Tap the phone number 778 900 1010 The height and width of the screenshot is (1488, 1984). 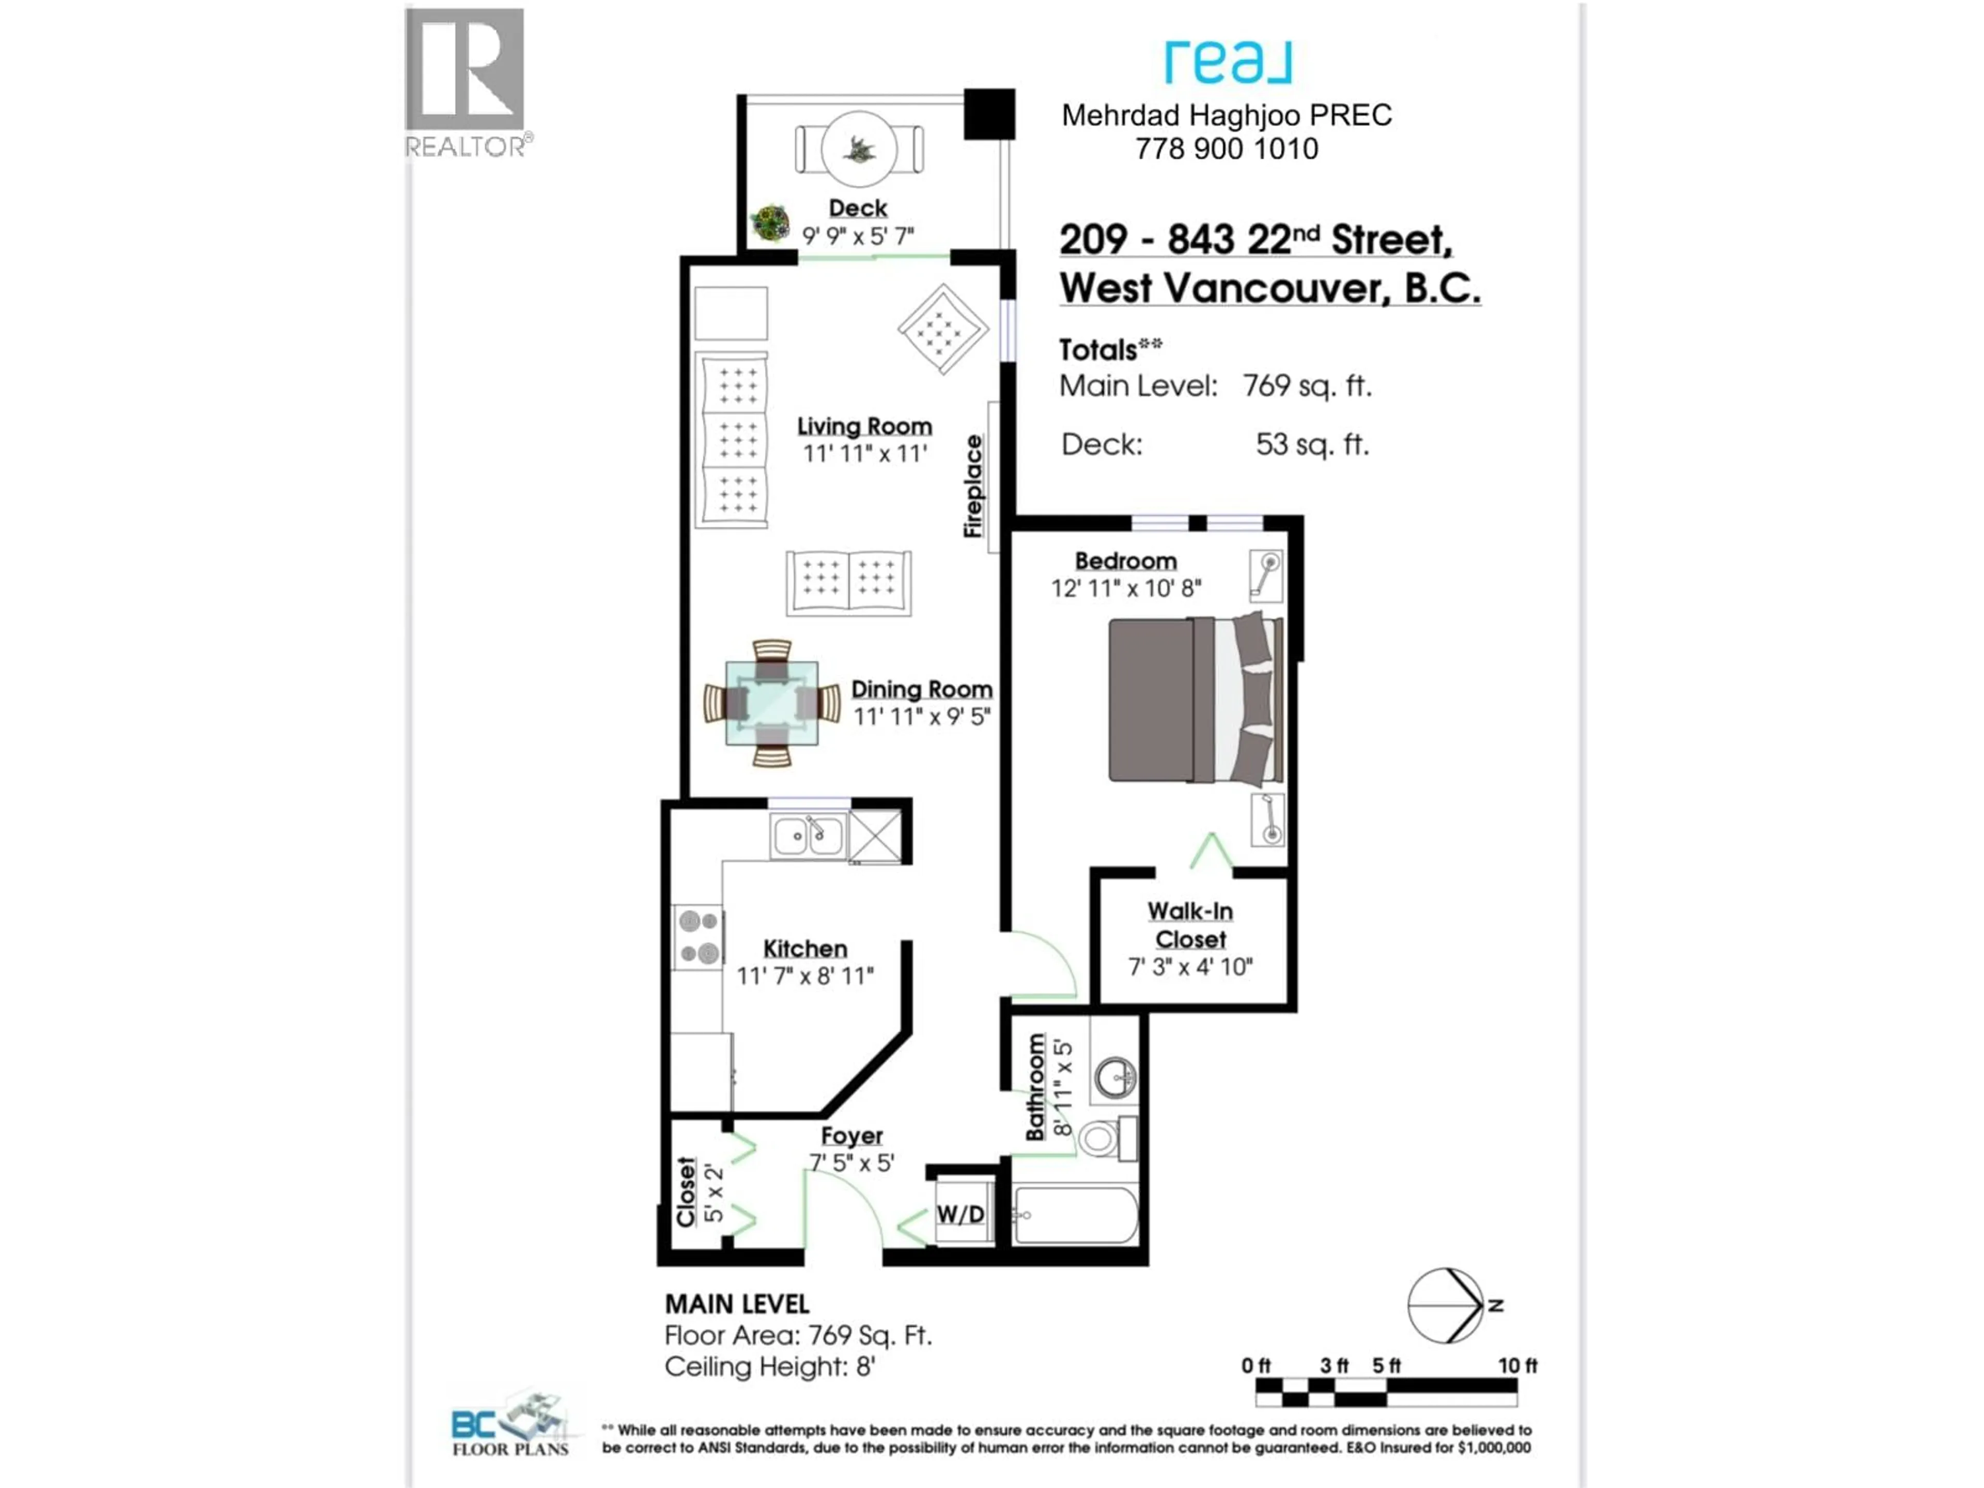[x=1226, y=149]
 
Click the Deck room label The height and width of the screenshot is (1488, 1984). [x=858, y=208]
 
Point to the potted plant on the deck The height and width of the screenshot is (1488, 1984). [x=769, y=223]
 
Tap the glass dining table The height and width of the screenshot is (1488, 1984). [x=771, y=703]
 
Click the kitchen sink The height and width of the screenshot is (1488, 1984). [x=807, y=836]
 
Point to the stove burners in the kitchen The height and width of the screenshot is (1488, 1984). [x=699, y=936]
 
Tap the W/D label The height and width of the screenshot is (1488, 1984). [x=960, y=1215]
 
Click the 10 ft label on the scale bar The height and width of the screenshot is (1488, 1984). [x=1517, y=1365]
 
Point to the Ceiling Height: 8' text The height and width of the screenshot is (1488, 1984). [x=769, y=1367]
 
